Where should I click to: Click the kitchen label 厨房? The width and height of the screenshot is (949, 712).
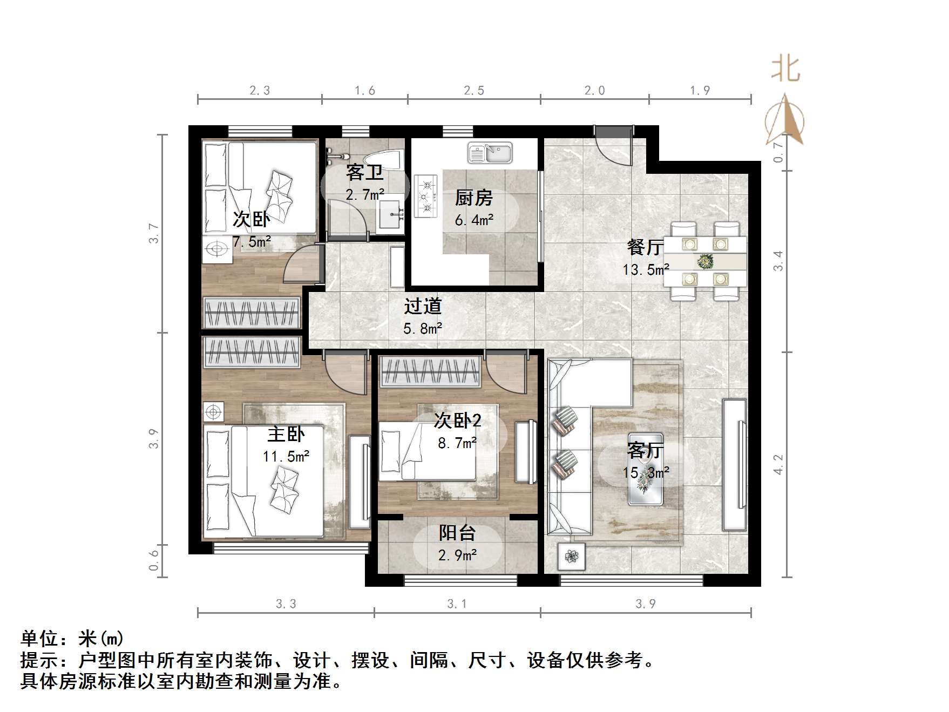point(473,198)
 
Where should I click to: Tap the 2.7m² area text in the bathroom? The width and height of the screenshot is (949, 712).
point(365,195)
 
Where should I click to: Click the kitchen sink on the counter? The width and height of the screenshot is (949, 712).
point(490,153)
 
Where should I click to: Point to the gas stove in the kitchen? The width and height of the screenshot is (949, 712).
point(426,196)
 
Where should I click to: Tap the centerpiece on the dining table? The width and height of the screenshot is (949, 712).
point(705,262)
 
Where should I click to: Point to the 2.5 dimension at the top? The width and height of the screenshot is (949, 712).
point(474,91)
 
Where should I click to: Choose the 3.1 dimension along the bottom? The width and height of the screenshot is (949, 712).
point(457,604)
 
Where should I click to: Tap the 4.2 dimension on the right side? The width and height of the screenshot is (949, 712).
point(778,465)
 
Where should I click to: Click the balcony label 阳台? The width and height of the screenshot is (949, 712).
point(457,533)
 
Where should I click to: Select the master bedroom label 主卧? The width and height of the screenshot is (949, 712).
point(286,434)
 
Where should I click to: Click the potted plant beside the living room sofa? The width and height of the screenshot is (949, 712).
point(572,555)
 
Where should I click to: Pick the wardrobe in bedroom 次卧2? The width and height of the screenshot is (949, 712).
point(430,371)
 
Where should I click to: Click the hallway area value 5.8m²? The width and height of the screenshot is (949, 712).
point(423,328)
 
